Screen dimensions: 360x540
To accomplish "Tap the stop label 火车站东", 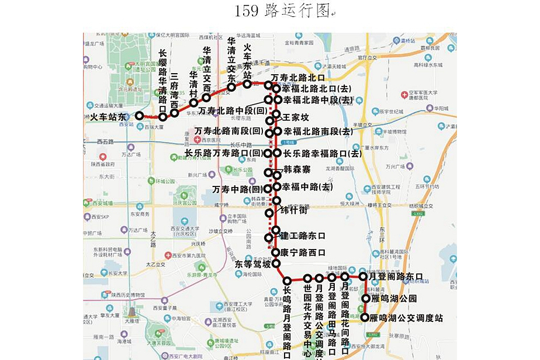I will tap(108, 117).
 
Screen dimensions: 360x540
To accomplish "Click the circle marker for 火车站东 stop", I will tap(140, 116).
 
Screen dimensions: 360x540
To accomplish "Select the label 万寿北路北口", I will tap(297, 78).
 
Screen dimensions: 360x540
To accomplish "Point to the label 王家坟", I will tap(296, 118).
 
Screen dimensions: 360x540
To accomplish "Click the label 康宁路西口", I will tap(303, 253).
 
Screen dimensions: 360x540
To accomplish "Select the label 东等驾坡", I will tap(254, 264).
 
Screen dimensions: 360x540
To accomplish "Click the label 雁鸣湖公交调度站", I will tap(407, 319).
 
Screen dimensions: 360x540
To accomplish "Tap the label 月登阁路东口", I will tap(400, 276).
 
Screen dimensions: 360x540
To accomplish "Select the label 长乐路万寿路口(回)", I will tap(224, 153).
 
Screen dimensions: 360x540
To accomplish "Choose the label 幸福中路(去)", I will tap(307, 188).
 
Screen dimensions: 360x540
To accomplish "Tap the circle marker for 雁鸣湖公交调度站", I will tap(365, 318).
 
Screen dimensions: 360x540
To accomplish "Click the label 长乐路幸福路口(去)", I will tap(323, 154).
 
